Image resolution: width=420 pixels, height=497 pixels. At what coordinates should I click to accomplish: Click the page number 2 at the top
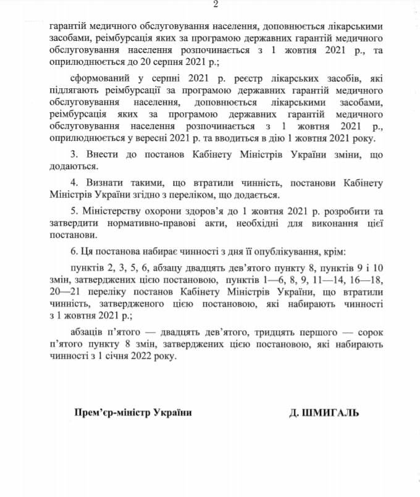pyautogui.click(x=216, y=5)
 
